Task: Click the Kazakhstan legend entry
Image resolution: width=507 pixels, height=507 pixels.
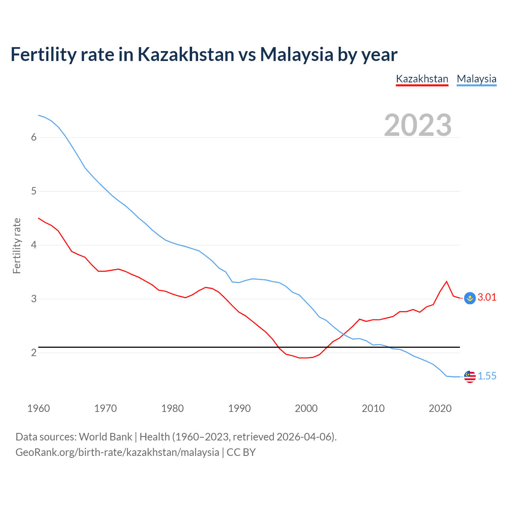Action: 422,79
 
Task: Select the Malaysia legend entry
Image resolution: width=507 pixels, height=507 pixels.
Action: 477,79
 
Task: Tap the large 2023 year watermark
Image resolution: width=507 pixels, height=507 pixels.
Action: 418,125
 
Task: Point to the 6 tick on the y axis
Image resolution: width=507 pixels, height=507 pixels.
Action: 34,137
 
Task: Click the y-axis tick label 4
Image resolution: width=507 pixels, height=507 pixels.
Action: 34,245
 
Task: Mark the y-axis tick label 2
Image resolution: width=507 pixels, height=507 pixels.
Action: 34,353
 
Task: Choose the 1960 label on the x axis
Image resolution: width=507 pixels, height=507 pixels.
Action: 38,408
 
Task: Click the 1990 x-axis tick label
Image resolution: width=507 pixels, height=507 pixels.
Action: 239,408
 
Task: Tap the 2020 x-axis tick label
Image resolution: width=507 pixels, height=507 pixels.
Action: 440,408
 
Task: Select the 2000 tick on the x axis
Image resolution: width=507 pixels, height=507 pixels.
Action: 306,408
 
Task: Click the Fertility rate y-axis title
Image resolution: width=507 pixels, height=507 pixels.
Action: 17,246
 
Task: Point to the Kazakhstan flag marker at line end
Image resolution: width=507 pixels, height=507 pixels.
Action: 470,298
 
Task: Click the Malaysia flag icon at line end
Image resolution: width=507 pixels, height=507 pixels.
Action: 470,377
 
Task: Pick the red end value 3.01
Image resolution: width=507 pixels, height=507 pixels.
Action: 487,297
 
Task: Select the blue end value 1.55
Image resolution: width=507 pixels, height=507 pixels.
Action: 487,376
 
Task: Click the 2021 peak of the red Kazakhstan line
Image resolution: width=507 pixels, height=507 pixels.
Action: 447,282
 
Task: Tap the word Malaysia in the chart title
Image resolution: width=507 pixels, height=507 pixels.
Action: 296,54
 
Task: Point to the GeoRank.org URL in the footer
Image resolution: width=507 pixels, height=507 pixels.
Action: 117,452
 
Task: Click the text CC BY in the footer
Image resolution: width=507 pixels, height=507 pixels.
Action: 241,452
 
